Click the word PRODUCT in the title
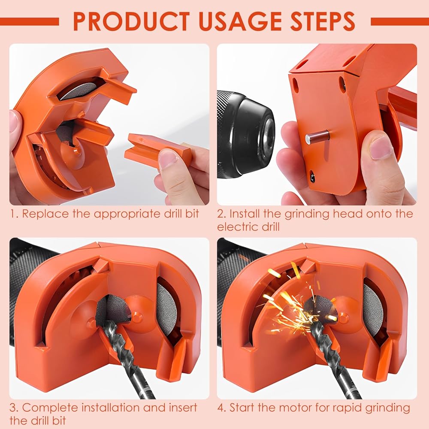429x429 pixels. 132,21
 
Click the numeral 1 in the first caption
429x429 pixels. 13,214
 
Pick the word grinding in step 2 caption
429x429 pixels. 307,214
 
